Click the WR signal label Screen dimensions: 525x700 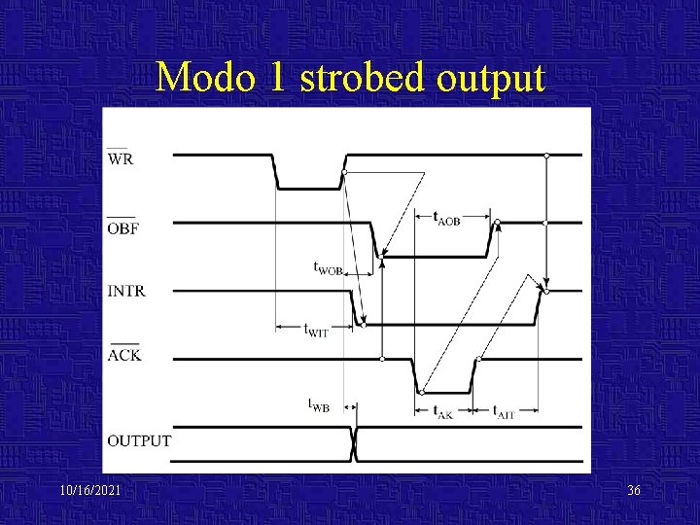coord(122,158)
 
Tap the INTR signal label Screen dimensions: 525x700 coord(127,291)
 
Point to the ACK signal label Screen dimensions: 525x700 coord(124,355)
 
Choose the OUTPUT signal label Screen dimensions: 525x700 coord(139,440)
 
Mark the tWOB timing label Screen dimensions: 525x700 coord(328,266)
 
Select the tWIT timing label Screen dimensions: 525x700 coord(317,332)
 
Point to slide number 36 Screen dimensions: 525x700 coord(634,491)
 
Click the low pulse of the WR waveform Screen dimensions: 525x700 coord(309,188)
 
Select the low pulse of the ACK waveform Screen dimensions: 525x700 coord(445,392)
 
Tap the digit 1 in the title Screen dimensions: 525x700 coord(277,77)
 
